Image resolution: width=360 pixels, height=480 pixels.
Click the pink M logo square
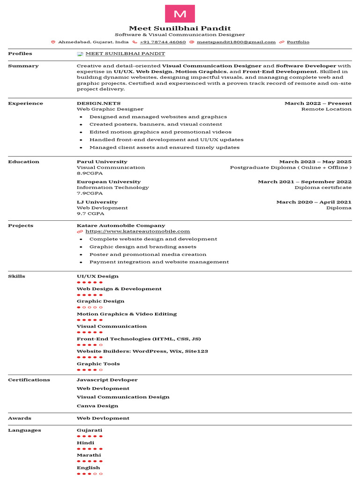180,14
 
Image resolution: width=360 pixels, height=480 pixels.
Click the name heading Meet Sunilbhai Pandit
180,28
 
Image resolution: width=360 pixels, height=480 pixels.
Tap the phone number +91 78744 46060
163,42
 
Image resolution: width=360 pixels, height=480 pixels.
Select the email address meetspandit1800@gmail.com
236,42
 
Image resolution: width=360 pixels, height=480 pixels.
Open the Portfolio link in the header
298,42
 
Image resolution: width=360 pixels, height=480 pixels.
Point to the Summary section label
23,66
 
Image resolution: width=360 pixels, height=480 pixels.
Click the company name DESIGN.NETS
98,103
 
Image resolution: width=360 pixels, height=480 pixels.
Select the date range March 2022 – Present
318,103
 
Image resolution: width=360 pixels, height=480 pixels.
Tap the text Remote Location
326,109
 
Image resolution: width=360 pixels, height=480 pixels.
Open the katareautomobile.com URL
137,231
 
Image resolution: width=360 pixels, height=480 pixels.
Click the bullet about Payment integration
159,262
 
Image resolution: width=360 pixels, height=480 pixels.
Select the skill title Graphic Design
100,301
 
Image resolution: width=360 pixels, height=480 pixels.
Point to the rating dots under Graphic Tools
90,370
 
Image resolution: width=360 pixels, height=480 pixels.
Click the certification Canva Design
97,406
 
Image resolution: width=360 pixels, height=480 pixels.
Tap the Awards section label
20,418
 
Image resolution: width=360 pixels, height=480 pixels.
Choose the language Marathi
89,455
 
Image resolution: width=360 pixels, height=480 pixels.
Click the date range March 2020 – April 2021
314,202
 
